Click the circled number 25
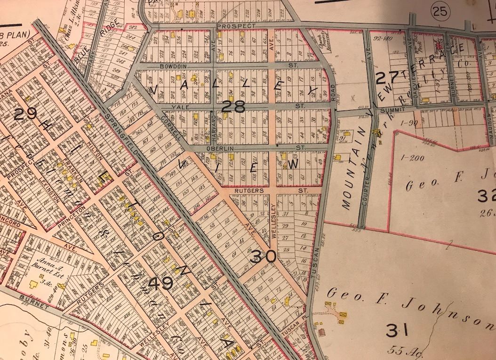(x=440, y=9)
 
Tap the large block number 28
(x=234, y=108)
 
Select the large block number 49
(x=160, y=284)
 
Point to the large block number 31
(x=397, y=331)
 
